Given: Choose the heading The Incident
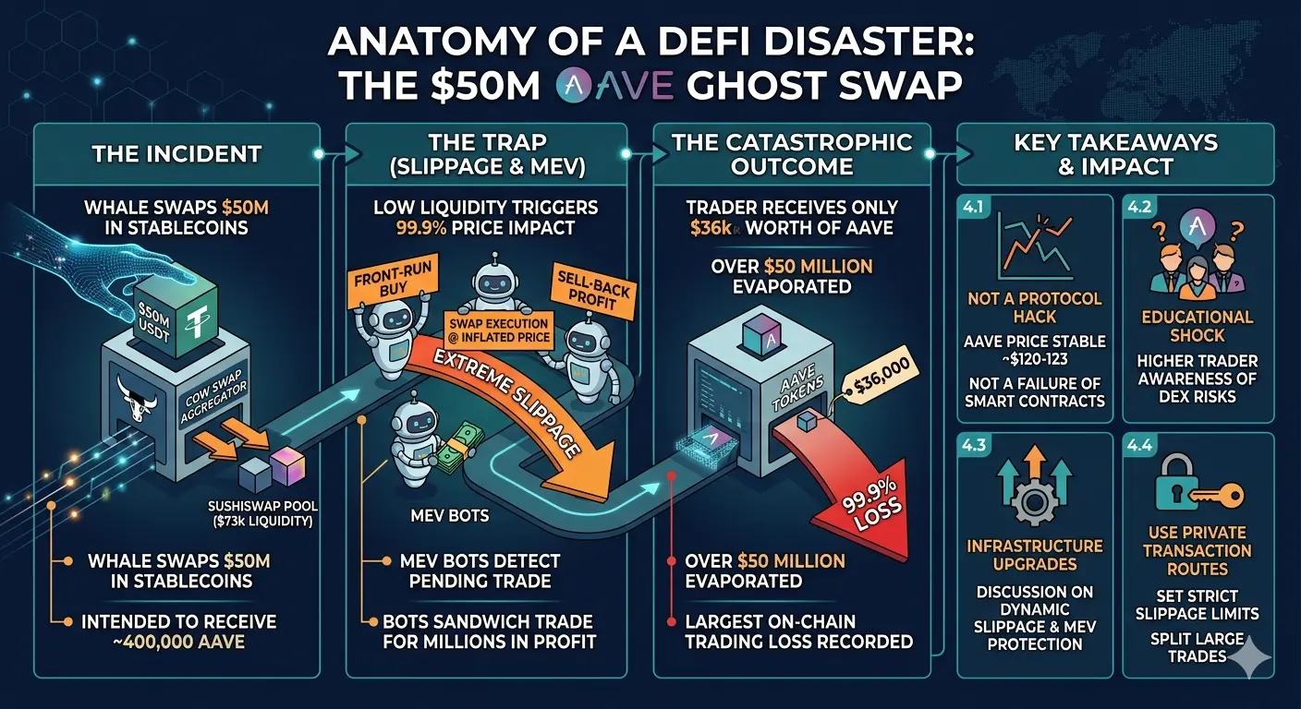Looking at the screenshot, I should pyautogui.click(x=176, y=153).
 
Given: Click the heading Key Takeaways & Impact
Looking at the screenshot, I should pyautogui.click(x=1114, y=154).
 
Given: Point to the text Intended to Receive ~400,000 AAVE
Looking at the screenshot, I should pyautogui.click(x=178, y=631).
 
